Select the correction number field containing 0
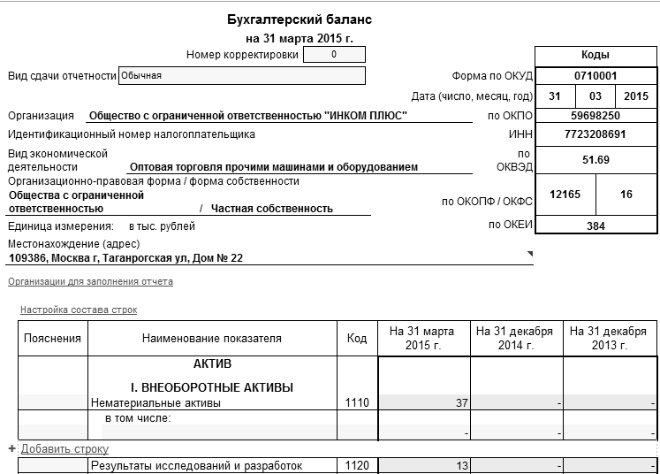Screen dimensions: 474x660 pos(333,55)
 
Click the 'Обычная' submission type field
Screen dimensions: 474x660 pos(241,75)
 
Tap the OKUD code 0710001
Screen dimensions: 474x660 pos(595,76)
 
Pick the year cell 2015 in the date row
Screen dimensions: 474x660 pos(635,96)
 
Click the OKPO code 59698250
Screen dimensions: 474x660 pos(595,115)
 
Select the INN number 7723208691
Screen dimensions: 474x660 pos(595,134)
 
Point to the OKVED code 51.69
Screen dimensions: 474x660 pos(595,159)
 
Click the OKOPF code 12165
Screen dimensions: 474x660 pos(565,194)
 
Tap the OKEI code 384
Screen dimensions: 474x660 pos(595,226)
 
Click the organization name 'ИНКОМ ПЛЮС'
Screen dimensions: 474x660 pos(249,115)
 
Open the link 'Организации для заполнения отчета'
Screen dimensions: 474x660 pos(90,281)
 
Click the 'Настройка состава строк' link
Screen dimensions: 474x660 pos(79,310)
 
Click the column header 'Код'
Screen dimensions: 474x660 pos(356,338)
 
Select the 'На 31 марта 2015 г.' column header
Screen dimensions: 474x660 pos(424,338)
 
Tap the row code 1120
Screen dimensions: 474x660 pos(356,464)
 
